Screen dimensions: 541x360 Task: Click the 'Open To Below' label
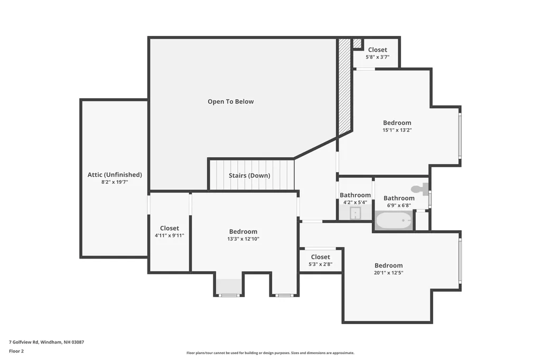pyautogui.click(x=230, y=101)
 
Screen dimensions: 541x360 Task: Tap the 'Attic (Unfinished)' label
pyautogui.click(x=115, y=175)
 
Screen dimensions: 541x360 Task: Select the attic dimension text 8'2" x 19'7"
pyautogui.click(x=115, y=182)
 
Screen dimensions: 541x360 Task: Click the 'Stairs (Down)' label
pyautogui.click(x=249, y=176)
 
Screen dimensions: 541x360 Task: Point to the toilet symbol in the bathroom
pyautogui.click(x=419, y=189)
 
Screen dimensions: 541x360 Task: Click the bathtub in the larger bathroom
pyautogui.click(x=394, y=220)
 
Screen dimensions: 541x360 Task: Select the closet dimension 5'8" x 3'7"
pyautogui.click(x=377, y=57)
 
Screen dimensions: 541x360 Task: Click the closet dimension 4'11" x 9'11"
pyautogui.click(x=170, y=235)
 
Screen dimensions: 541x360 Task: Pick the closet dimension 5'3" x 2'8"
pyautogui.click(x=321, y=264)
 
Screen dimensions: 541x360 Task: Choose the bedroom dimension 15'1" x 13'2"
pyautogui.click(x=397, y=130)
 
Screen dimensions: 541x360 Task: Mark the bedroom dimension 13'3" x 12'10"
pyautogui.click(x=243, y=239)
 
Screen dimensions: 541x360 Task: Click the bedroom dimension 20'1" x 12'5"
pyautogui.click(x=388, y=272)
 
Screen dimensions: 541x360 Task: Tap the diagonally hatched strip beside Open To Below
pyautogui.click(x=344, y=86)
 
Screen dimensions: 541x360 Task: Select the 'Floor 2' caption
pyautogui.click(x=16, y=351)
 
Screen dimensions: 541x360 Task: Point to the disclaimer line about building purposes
pyautogui.click(x=270, y=353)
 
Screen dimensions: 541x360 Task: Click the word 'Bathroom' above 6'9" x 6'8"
pyautogui.click(x=399, y=198)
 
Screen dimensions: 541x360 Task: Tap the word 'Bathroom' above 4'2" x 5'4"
pyautogui.click(x=355, y=195)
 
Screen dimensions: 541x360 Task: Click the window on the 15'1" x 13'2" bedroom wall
pyautogui.click(x=460, y=136)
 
